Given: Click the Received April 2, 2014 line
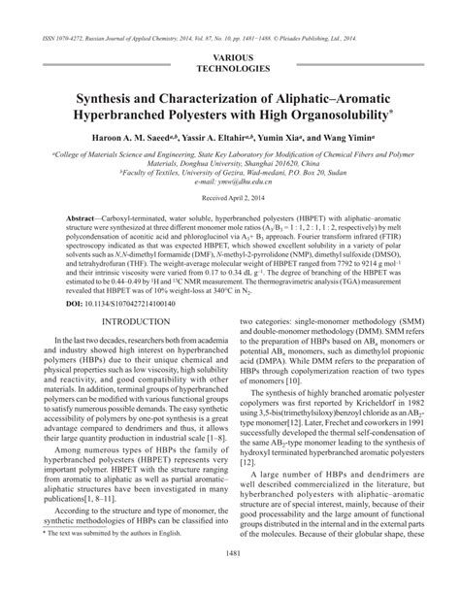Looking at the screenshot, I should pos(230,199).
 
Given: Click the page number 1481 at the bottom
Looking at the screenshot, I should pos(230,581).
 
